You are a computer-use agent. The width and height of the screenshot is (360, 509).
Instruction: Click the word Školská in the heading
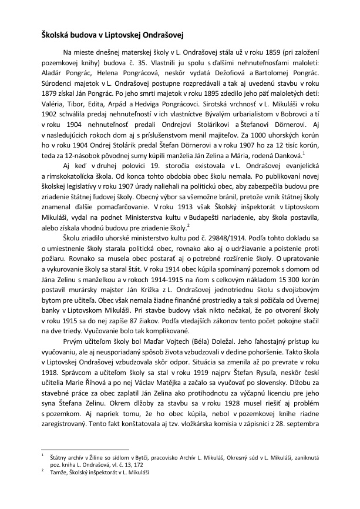tap(55, 35)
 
